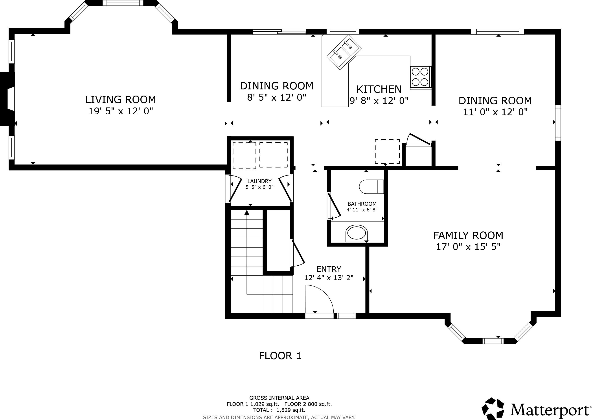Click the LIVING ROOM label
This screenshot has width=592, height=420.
click(x=121, y=100)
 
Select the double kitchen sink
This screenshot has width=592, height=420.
click(x=344, y=52)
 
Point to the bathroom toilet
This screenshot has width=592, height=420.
click(x=371, y=187)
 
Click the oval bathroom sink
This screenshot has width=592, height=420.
click(x=357, y=233)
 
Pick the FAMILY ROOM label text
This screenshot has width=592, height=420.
click(x=468, y=236)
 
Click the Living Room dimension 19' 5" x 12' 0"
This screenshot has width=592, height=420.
click(x=121, y=111)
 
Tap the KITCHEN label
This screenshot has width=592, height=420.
click(x=379, y=89)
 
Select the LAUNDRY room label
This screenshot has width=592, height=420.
click(x=259, y=181)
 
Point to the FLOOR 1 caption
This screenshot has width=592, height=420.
click(x=280, y=356)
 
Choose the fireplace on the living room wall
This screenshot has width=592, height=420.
click(x=7, y=99)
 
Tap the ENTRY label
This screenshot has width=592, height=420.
click(x=329, y=269)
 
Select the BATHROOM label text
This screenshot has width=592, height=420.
click(x=362, y=204)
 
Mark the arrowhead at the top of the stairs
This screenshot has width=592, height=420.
click(x=247, y=213)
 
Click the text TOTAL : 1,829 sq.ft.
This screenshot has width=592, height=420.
click(x=279, y=410)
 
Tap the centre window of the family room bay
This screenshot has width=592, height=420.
click(x=493, y=341)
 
